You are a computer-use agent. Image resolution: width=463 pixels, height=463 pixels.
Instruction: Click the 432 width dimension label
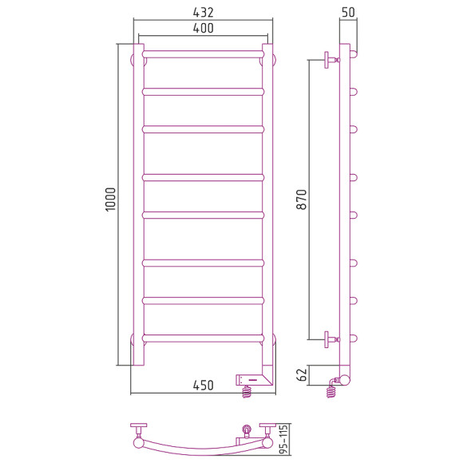pos(203,12)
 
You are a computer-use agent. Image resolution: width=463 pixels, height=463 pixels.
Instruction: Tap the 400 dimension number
pos(203,28)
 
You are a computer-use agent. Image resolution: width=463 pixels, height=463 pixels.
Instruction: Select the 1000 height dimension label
pos(110,200)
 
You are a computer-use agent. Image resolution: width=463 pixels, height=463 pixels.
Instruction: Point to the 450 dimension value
pos(203,386)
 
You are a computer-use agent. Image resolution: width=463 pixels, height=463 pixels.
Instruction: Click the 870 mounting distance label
pos(302,200)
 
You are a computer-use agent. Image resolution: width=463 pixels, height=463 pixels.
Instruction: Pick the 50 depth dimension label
pos(348,12)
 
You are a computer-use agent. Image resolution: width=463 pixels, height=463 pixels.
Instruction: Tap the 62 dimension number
pos(302,375)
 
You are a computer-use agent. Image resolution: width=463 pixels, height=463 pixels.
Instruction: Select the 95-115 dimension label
pos(283,439)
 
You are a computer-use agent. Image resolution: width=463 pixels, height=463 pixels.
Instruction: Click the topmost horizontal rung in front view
pos(203,54)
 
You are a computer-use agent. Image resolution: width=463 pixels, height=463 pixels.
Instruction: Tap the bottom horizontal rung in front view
pos(203,338)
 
